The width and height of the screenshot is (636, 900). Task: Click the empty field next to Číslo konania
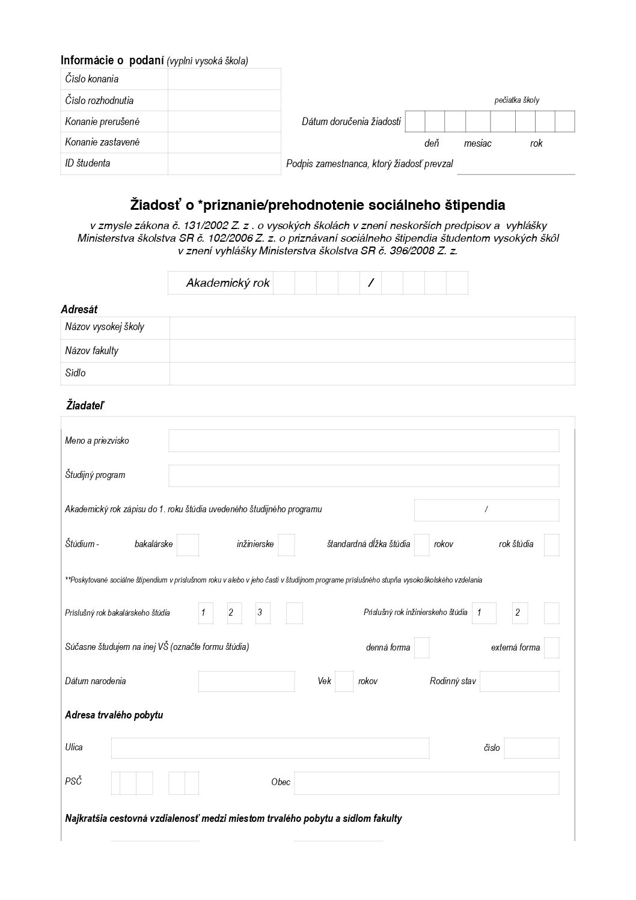[224, 79]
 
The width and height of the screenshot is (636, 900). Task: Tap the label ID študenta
[88, 163]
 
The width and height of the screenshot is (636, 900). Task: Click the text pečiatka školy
[516, 100]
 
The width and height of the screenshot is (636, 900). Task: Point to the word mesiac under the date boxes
[477, 143]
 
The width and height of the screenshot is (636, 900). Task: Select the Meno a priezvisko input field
[364, 441]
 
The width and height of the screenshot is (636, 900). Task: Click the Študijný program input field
[364, 475]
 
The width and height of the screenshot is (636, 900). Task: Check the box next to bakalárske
[188, 544]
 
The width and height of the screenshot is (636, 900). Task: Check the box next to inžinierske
[286, 544]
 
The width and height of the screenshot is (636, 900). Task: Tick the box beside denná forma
[422, 647]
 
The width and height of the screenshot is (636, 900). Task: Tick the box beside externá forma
[551, 647]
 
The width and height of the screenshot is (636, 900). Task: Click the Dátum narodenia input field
[246, 681]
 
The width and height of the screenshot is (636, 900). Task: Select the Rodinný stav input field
[519, 681]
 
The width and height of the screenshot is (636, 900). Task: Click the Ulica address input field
[270, 748]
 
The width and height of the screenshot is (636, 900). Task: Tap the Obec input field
[426, 783]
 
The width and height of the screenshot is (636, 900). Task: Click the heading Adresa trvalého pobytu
[114, 715]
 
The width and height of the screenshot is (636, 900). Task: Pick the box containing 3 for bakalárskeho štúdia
[262, 613]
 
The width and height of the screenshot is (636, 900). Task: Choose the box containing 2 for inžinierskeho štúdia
[519, 613]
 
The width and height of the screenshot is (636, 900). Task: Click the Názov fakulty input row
[372, 351]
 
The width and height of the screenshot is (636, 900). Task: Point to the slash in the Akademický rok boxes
[370, 283]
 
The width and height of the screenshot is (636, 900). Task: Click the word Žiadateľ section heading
[85, 406]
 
